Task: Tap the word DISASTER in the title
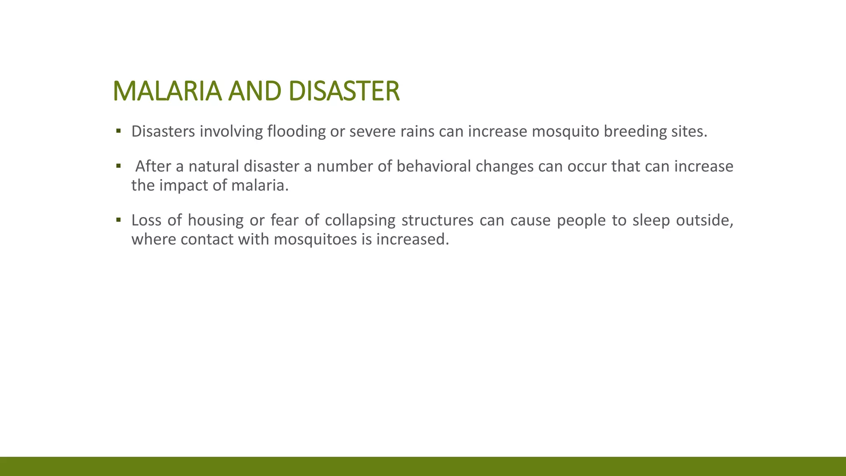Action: click(x=344, y=91)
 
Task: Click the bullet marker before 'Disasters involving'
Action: click(x=119, y=131)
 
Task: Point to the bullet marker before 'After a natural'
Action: click(x=119, y=166)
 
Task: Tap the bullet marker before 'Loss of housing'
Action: click(x=119, y=220)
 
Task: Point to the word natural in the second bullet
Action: click(x=214, y=166)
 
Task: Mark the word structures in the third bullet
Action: click(x=437, y=220)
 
